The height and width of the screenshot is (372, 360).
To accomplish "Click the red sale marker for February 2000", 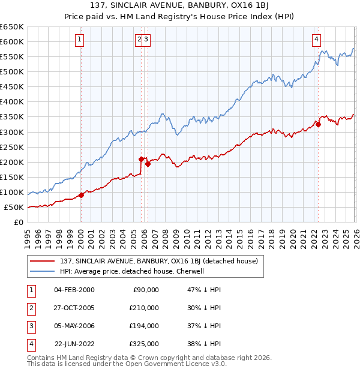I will (81, 195).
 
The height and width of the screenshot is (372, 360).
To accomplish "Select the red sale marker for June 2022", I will (318, 125).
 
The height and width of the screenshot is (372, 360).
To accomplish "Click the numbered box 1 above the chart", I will (80, 40).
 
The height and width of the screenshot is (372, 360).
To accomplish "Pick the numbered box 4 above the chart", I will (316, 40).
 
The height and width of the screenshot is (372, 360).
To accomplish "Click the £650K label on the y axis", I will (12, 27).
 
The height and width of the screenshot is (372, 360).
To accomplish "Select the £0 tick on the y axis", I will (19, 223).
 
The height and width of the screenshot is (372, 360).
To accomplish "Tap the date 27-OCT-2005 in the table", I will (74, 308).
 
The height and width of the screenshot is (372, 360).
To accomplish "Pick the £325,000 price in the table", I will (145, 344).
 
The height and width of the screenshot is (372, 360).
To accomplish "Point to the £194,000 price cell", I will (145, 326).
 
